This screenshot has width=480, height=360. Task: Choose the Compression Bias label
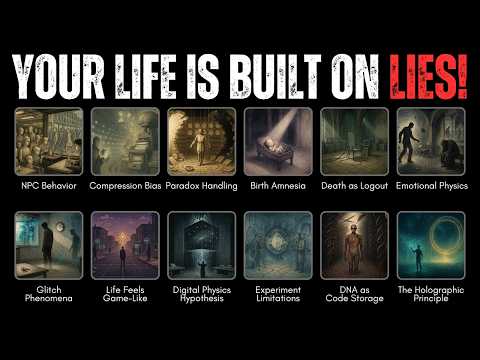[x=125, y=186]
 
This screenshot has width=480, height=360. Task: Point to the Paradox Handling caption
[x=202, y=186]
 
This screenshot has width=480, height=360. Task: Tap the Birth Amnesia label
[x=278, y=186]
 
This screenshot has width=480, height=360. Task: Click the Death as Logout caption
[x=354, y=186]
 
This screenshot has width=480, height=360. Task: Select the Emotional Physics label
[x=431, y=186]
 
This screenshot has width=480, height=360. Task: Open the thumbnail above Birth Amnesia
[x=278, y=141]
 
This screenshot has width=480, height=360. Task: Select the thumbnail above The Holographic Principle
[x=431, y=245]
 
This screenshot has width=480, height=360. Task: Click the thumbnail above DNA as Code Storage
[x=354, y=245]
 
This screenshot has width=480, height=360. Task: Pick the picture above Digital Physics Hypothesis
[x=202, y=245]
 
